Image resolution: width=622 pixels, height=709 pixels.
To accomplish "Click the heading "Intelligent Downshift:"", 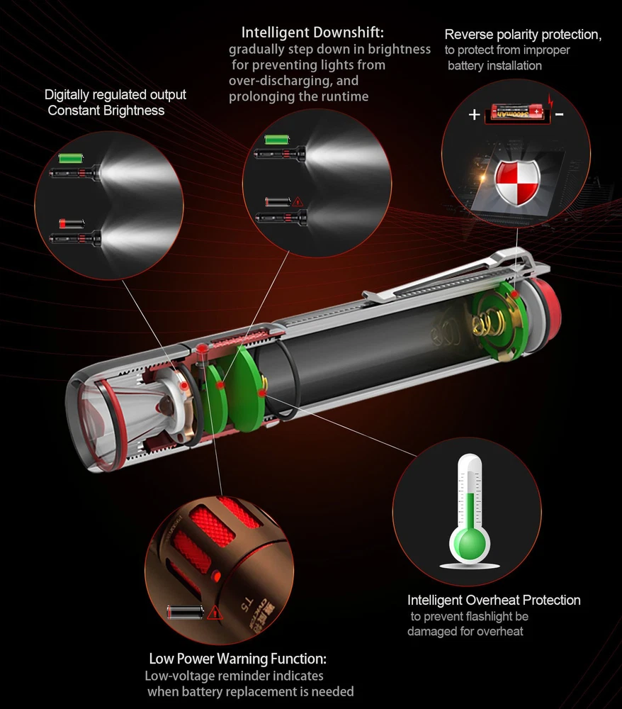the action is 312,33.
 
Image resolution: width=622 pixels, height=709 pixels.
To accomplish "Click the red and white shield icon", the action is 518,182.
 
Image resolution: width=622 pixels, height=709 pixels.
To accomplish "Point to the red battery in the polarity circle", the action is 516,111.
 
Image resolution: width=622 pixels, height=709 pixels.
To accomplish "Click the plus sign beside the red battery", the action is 474,114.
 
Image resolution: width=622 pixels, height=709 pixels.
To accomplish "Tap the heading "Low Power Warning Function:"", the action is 237,659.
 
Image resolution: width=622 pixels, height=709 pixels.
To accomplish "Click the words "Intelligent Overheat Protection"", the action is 494,600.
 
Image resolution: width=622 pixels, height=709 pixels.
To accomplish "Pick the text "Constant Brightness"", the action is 106,111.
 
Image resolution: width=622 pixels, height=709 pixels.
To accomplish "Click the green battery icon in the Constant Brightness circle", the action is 72,158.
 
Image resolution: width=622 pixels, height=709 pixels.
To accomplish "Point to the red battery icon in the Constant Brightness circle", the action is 72,223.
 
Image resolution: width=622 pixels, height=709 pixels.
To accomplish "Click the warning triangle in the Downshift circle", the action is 298,201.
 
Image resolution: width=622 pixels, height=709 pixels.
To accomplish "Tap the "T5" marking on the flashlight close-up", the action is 247,605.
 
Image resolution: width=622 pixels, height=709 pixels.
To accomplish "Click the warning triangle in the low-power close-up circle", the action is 215,613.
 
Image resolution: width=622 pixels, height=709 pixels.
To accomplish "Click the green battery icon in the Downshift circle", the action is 277,139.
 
